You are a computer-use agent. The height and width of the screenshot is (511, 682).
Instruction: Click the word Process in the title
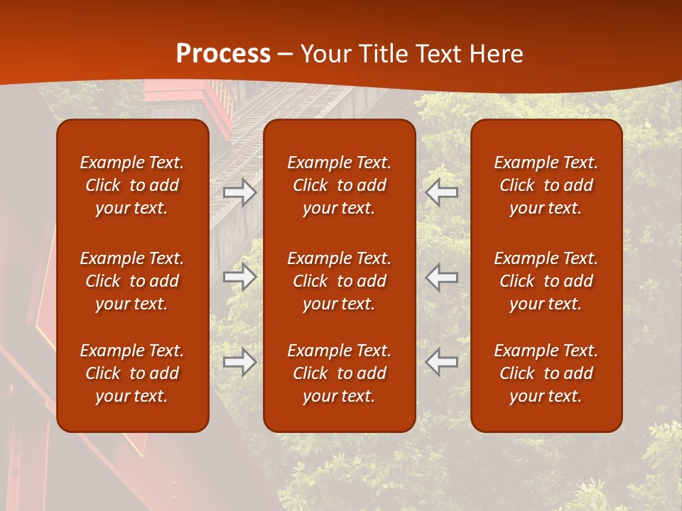(223, 54)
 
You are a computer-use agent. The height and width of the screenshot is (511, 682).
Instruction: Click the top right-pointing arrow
(240, 192)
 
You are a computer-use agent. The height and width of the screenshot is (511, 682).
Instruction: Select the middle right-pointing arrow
(240, 277)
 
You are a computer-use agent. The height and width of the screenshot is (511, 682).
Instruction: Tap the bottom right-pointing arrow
(240, 362)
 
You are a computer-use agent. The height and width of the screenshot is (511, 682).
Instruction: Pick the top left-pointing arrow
(441, 192)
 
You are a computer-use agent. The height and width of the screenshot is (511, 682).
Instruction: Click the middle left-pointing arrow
(441, 277)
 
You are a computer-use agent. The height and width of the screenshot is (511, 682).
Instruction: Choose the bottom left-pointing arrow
(441, 362)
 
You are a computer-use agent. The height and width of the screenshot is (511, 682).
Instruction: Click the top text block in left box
(132, 185)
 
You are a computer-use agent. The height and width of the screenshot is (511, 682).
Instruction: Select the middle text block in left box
(132, 281)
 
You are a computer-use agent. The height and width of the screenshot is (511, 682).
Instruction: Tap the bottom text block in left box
(132, 373)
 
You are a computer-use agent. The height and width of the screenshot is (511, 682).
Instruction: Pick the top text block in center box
(340, 185)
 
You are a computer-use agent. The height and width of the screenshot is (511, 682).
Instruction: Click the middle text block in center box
(340, 281)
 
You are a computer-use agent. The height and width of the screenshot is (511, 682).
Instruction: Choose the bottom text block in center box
(340, 373)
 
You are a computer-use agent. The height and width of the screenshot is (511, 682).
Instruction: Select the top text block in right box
(546, 185)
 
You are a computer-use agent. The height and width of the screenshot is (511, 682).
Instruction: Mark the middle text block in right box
(546, 281)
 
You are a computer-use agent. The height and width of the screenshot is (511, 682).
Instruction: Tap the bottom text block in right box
(546, 373)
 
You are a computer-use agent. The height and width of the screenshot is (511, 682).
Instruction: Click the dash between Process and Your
(286, 55)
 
